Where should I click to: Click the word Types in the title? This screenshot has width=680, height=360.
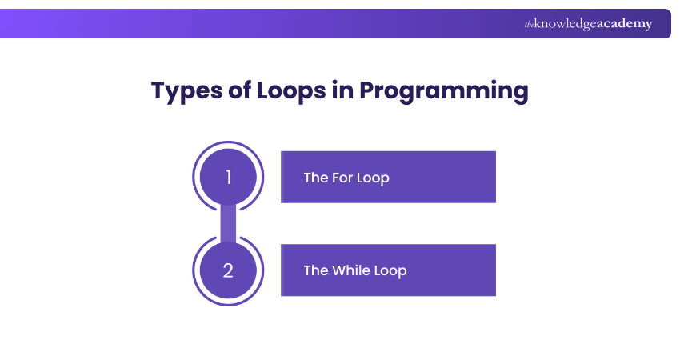[186, 91]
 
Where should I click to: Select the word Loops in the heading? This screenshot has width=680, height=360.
[291, 91]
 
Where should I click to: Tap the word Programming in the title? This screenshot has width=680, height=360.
[444, 91]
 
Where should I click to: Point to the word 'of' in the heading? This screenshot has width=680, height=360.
[239, 90]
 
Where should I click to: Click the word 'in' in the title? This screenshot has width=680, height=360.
[342, 90]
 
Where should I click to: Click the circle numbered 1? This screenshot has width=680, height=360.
[228, 177]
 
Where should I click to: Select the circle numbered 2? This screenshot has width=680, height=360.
[228, 270]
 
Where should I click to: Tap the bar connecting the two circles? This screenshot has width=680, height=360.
[228, 223]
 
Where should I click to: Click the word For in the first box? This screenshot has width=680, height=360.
[342, 178]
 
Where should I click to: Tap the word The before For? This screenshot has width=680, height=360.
[316, 178]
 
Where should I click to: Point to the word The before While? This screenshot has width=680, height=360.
[316, 270]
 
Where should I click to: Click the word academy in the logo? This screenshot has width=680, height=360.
[625, 24]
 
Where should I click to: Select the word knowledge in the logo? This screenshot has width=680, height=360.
[566, 24]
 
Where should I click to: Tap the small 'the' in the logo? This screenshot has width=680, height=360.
[529, 25]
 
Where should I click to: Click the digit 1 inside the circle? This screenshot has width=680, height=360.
[229, 177]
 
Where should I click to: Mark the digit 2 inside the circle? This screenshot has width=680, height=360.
[228, 270]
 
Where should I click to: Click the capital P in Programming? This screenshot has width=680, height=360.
[368, 90]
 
